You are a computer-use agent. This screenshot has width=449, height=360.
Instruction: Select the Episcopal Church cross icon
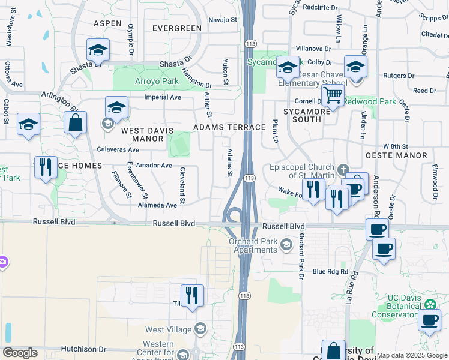343,169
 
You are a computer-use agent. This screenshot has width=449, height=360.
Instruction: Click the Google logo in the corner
20,353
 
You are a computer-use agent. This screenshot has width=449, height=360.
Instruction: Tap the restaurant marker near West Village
192,296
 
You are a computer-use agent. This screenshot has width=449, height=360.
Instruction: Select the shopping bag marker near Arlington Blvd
76,122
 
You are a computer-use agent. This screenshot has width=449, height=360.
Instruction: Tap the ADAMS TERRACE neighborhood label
229,128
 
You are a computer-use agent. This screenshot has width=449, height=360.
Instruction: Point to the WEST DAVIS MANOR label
142,134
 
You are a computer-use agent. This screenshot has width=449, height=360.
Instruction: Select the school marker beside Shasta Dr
98,50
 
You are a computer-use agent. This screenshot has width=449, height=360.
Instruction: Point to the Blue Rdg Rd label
330,271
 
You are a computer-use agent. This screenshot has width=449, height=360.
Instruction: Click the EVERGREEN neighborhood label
176,28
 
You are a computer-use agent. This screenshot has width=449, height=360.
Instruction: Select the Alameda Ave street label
158,205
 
